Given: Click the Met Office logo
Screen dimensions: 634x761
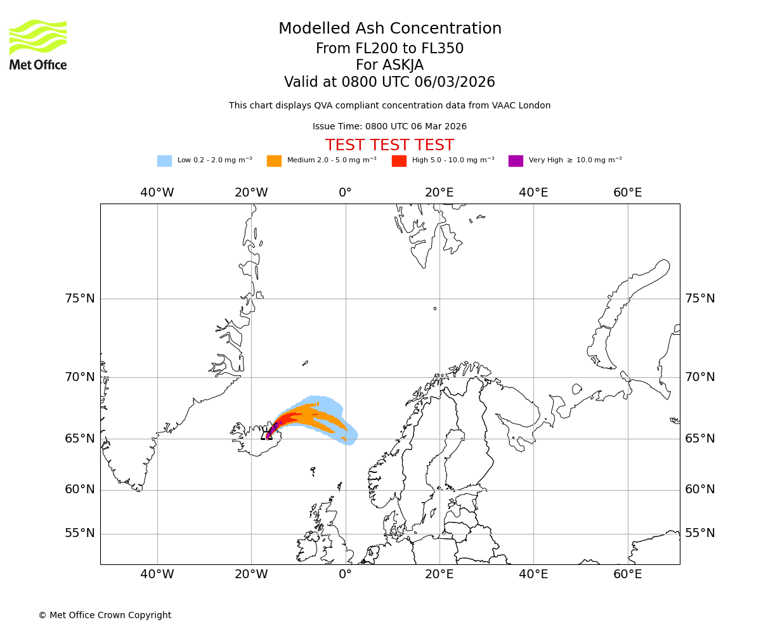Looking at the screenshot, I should click(38, 44).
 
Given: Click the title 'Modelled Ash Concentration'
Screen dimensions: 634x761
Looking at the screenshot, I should click(389, 29).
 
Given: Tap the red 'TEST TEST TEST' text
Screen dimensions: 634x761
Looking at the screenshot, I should click(389, 146).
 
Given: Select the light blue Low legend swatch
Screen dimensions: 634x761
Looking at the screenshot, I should click(164, 161).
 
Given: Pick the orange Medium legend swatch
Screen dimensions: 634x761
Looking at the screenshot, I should click(274, 161).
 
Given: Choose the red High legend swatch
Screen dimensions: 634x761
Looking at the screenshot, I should click(399, 161).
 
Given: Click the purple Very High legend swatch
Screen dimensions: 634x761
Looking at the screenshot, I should click(516, 161).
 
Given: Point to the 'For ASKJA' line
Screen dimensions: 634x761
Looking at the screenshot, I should click(389, 65).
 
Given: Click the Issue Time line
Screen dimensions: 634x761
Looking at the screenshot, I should click(389, 127).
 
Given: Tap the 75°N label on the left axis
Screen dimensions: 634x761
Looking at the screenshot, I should click(80, 299).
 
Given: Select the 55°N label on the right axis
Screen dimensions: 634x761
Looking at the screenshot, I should click(699, 533).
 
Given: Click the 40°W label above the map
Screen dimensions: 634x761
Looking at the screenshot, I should click(157, 193).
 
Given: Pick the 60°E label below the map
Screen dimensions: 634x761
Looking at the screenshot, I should click(627, 574).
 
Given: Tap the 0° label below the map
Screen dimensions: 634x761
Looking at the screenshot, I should click(345, 574).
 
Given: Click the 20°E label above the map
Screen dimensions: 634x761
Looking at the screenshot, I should click(439, 193).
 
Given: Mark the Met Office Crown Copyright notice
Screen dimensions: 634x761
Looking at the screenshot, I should click(105, 616).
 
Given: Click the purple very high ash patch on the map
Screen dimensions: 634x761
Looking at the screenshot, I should click(270, 432).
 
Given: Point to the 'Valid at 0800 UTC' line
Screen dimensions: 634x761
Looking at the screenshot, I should click(389, 82).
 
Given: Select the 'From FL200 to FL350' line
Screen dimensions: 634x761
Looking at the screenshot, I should click(389, 49).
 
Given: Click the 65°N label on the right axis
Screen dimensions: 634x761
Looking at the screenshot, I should click(699, 439).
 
